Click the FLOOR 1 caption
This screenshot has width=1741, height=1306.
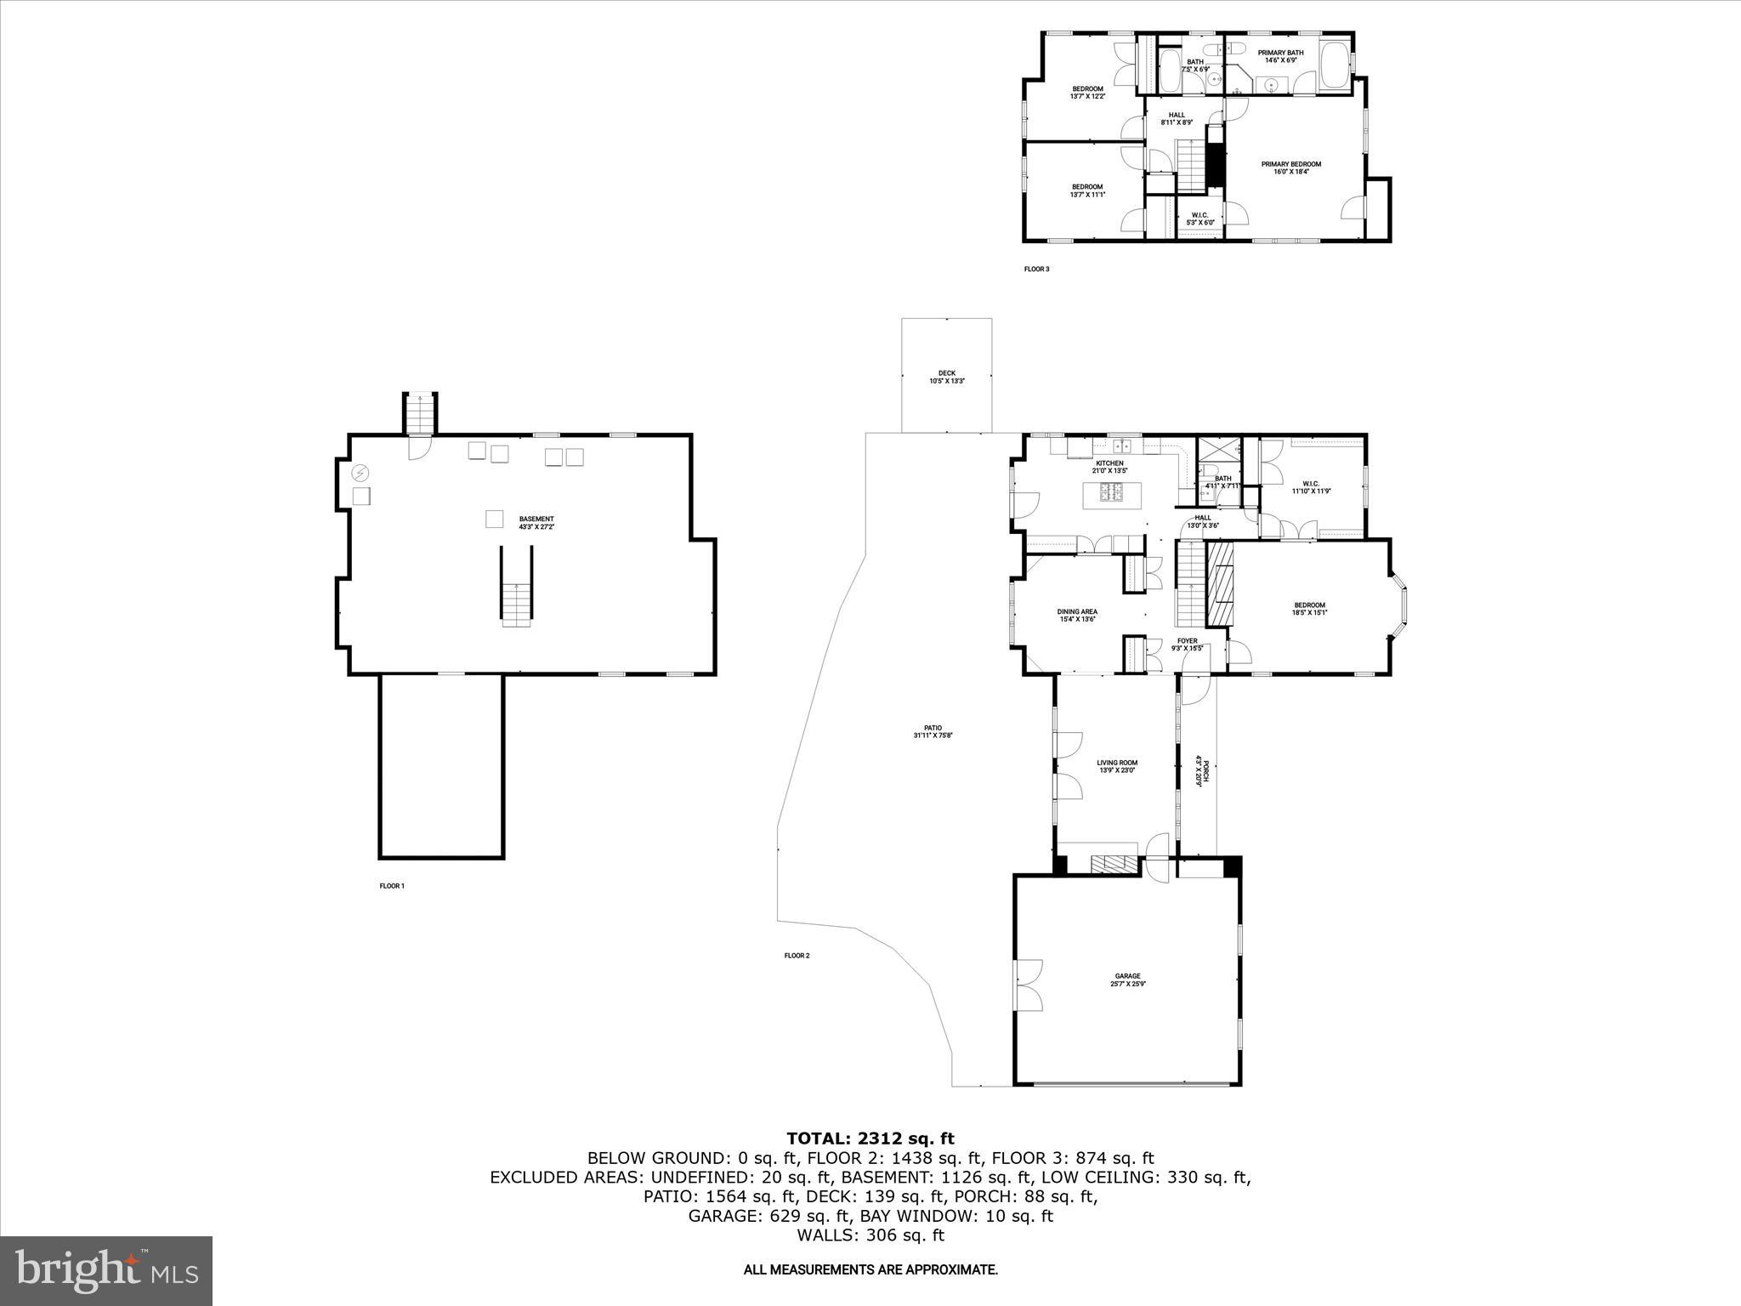tap(392, 886)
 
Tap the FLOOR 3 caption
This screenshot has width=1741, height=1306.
tap(1036, 270)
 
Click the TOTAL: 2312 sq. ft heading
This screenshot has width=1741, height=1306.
tap(870, 1138)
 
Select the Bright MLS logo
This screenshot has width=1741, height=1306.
tap(106, 1270)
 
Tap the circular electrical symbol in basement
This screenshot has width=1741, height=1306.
tap(360, 473)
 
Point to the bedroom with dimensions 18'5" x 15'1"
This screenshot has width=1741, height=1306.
tap(1309, 608)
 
